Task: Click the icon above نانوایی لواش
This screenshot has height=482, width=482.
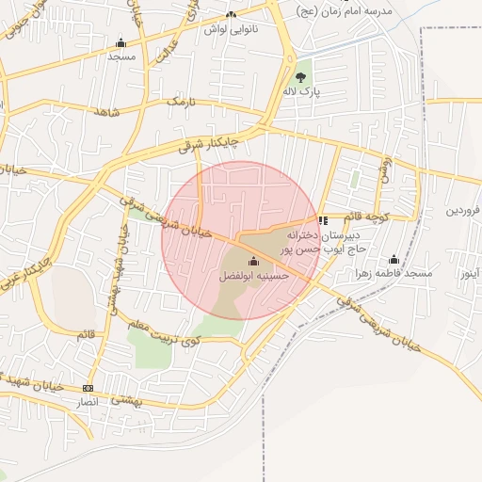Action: pos(232,14)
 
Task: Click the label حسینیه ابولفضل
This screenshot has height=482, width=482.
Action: pos(253,276)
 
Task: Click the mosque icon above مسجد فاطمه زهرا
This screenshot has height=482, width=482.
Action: pos(394,259)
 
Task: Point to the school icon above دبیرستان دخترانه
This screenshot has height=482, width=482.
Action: pos(324,220)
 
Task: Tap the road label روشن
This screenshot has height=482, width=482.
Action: pos(384,170)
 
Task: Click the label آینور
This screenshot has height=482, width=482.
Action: pos(463,274)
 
